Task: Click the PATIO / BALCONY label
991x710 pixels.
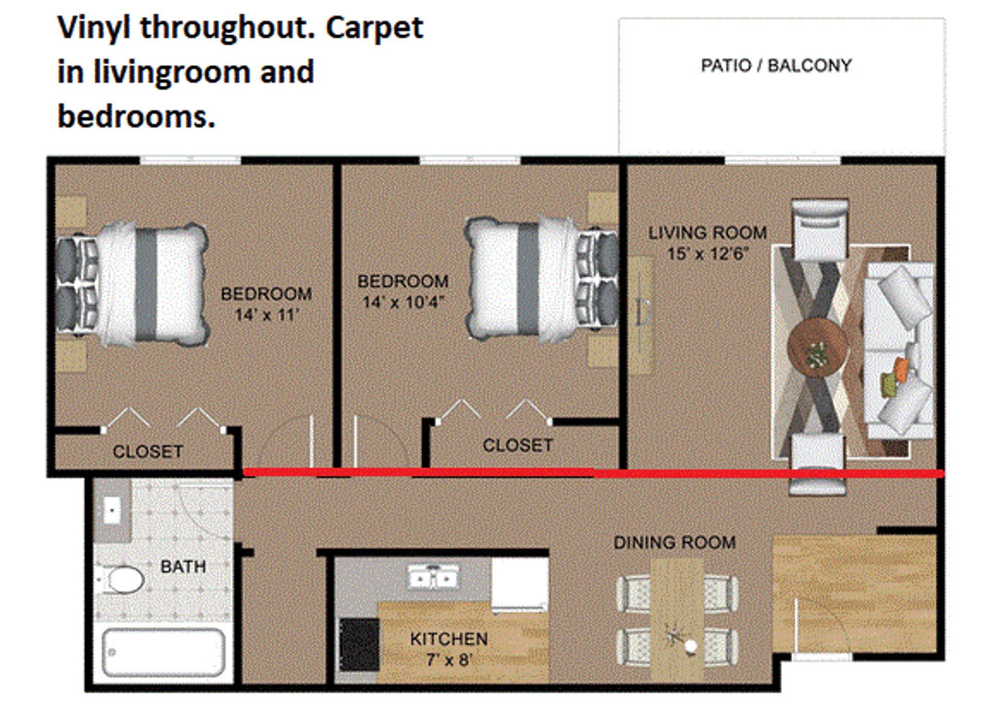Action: point(776,65)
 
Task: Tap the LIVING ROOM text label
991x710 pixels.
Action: point(707,233)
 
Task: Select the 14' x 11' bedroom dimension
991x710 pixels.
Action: point(266,315)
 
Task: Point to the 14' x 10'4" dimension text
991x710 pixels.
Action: point(403,302)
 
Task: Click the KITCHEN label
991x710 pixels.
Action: point(449,639)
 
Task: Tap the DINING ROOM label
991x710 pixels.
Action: point(674,542)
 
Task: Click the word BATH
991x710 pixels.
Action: point(183,567)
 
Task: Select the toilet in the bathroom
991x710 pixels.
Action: point(122,580)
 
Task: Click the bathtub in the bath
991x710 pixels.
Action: point(163,652)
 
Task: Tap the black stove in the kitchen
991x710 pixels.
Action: point(359,645)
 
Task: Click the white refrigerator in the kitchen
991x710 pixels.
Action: point(519,584)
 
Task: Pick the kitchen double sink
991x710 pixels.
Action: point(433,577)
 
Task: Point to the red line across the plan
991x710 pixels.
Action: point(568,472)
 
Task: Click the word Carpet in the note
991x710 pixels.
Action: point(374,28)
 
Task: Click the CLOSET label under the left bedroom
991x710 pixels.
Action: point(148,452)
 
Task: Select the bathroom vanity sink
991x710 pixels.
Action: point(112,510)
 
